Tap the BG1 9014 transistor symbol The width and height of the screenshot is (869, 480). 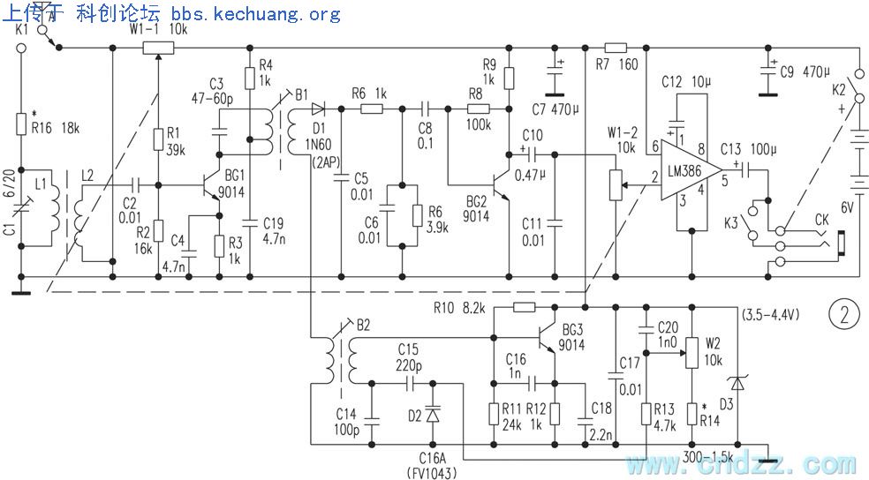(213, 186)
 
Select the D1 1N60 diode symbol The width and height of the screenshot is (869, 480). (319, 109)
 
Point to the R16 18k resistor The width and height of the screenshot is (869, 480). (20, 124)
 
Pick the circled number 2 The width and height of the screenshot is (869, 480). (844, 314)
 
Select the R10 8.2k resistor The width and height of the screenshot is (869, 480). (523, 307)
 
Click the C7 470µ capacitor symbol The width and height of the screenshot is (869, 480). (555, 77)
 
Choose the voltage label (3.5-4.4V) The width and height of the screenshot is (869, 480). (769, 314)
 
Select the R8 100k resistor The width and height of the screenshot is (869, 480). (478, 109)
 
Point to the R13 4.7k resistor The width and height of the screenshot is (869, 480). (647, 413)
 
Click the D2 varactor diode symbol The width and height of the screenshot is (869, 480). (432, 413)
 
